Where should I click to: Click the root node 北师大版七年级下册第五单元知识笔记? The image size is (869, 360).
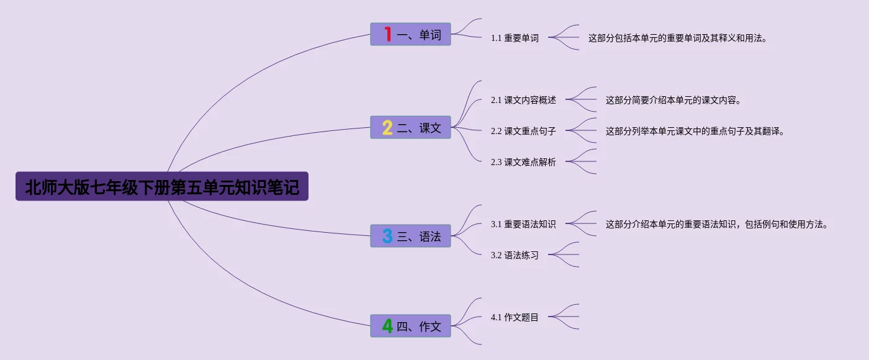pyautogui.click(x=162, y=187)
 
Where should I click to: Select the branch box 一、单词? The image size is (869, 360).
pyautogui.click(x=411, y=34)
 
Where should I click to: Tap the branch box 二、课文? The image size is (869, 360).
pyautogui.click(x=411, y=128)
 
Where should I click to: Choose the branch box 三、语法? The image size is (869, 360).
pyautogui.click(x=411, y=236)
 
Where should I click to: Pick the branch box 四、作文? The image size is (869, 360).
pyautogui.click(x=411, y=326)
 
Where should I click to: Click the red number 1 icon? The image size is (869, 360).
pyautogui.click(x=387, y=34)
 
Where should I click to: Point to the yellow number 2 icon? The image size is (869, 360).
pyautogui.click(x=387, y=128)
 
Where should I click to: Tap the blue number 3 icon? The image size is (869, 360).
pyautogui.click(x=387, y=236)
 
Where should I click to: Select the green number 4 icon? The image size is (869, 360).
pyautogui.click(x=387, y=326)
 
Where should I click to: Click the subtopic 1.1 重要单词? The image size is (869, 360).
pyautogui.click(x=515, y=38)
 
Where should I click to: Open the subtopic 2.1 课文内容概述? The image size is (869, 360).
pyautogui.click(x=523, y=100)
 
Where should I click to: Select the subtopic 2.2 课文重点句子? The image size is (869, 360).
pyautogui.click(x=523, y=131)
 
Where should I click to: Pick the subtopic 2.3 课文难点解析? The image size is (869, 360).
pyautogui.click(x=523, y=162)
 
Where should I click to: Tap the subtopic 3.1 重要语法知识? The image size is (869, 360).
pyautogui.click(x=523, y=224)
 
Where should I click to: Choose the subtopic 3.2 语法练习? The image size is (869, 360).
pyautogui.click(x=515, y=255)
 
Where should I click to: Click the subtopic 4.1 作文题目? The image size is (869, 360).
pyautogui.click(x=515, y=317)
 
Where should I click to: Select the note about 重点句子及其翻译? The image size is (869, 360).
pyautogui.click(x=695, y=131)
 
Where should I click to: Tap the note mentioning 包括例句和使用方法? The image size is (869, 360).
pyautogui.click(x=717, y=224)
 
